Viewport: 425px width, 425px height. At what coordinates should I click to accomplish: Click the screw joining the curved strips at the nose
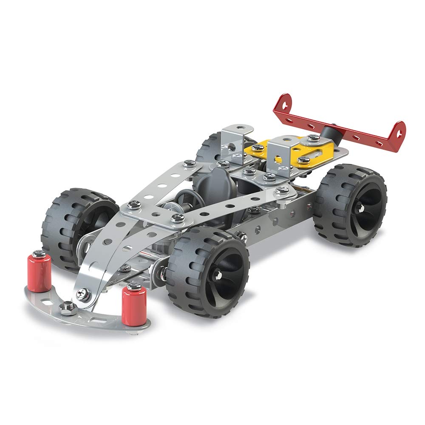tap(84, 293)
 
